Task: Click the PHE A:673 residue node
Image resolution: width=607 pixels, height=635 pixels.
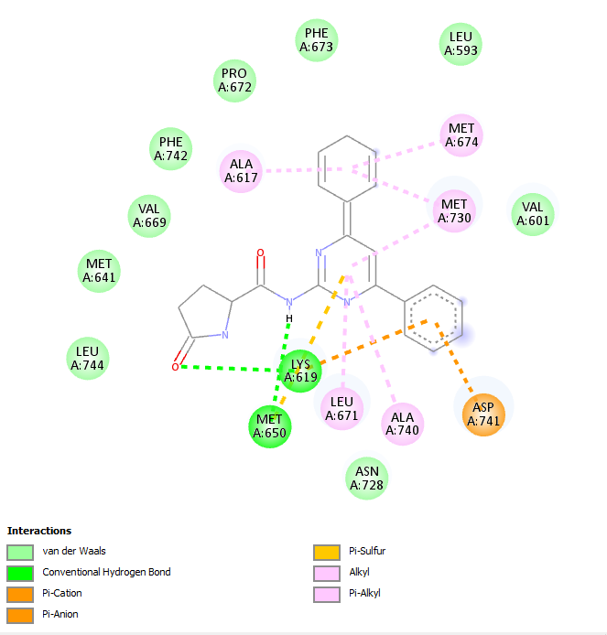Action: click(317, 40)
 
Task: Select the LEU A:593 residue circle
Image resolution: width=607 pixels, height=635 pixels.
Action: click(461, 44)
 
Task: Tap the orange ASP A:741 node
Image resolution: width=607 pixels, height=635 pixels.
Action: click(483, 414)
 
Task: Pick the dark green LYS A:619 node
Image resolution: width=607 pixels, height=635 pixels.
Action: click(300, 371)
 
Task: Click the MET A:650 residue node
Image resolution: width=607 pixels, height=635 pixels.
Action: click(270, 426)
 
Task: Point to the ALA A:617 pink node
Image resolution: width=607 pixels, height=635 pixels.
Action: click(241, 171)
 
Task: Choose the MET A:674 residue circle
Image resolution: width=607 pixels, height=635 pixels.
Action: click(461, 135)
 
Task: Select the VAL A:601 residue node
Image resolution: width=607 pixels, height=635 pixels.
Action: click(533, 214)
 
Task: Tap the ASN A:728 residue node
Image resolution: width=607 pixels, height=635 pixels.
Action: click(367, 479)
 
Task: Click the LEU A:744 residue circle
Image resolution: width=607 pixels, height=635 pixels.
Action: click(88, 359)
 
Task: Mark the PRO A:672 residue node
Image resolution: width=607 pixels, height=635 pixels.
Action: click(234, 81)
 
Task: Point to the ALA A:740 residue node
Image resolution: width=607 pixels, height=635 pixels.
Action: click(402, 424)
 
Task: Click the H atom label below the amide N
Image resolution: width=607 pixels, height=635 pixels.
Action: click(289, 318)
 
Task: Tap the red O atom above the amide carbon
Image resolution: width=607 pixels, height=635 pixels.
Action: click(261, 253)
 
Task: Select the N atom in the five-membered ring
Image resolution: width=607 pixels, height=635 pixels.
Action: click(225, 335)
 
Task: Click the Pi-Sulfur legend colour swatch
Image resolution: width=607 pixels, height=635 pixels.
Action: click(327, 553)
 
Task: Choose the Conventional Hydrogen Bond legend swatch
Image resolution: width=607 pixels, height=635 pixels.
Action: click(20, 574)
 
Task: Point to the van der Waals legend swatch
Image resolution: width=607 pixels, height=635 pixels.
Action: click(20, 553)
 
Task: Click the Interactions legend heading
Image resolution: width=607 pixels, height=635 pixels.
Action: click(39, 531)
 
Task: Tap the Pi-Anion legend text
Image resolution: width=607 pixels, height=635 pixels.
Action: click(60, 614)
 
